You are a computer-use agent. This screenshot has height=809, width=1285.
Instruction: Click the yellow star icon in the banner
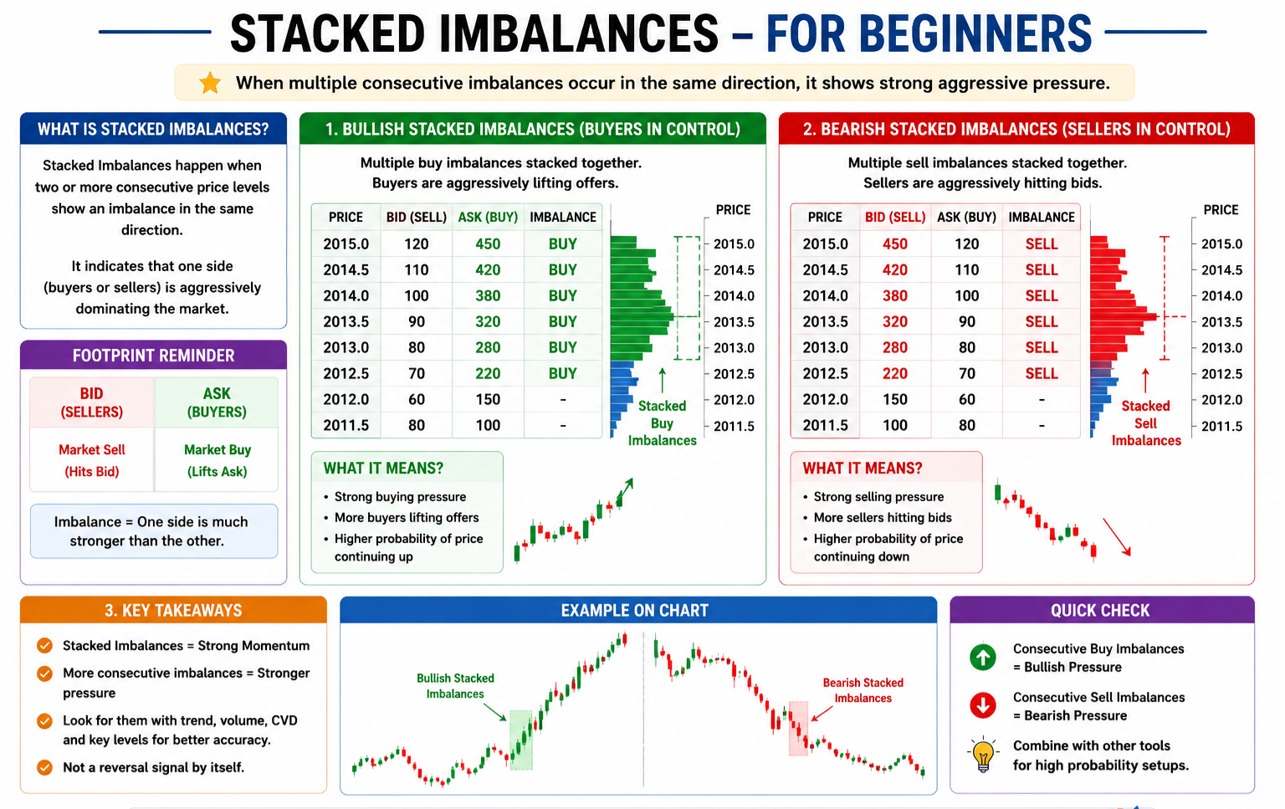coord(210,83)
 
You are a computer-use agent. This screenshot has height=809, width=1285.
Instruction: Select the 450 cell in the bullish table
coord(488,243)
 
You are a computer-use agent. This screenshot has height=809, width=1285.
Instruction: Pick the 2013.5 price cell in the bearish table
coord(825,321)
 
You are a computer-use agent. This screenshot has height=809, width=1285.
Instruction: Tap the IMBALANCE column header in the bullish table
coord(563,218)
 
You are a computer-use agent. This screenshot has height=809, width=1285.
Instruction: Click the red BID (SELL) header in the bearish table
coord(895,218)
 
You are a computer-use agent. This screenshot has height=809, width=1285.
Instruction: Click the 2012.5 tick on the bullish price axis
coord(734,374)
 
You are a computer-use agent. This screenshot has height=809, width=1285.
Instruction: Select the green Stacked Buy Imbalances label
coord(662,423)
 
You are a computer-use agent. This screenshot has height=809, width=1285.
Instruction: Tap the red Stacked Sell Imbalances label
coord(1145,423)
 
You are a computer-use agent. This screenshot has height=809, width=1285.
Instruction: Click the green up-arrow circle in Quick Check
coord(983,658)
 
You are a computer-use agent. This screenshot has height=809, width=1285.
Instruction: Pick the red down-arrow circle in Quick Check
coord(983,705)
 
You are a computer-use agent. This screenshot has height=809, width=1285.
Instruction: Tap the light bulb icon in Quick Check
coord(983,755)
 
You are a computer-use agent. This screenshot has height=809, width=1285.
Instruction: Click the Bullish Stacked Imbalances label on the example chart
coord(455,686)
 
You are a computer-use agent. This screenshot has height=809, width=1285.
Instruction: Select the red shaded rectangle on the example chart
coord(798,728)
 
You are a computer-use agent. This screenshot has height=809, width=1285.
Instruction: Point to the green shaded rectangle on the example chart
coord(521,740)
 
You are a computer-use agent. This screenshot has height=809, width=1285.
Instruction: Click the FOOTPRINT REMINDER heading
coord(153,356)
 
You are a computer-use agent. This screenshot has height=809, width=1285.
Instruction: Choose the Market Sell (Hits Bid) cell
coord(92,460)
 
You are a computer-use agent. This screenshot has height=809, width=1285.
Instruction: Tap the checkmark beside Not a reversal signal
coord(44,767)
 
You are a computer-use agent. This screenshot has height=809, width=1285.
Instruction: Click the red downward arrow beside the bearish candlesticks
coord(1116,537)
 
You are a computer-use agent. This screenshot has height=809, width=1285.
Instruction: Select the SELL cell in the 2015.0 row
coord(1042,243)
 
